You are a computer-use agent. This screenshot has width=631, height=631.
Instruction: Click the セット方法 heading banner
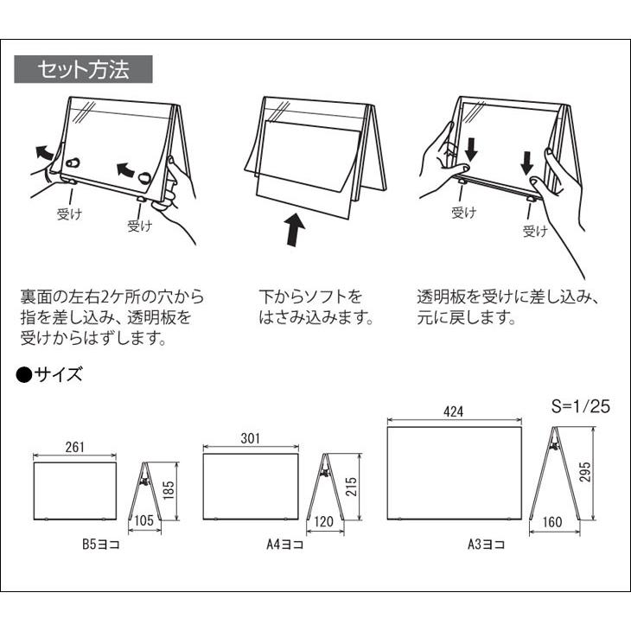pyautogui.click(x=84, y=69)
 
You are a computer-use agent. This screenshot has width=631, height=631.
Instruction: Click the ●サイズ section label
pyautogui.click(x=50, y=374)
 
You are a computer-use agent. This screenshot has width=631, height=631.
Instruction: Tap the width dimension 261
pyautogui.click(x=74, y=447)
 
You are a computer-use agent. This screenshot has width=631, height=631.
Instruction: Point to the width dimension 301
pyautogui.click(x=251, y=439)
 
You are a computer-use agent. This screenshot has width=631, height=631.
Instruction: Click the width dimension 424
pyautogui.click(x=454, y=412)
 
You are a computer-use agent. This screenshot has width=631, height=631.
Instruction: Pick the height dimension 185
pyautogui.click(x=168, y=491)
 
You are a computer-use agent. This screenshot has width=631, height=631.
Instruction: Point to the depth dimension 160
pyautogui.click(x=554, y=522)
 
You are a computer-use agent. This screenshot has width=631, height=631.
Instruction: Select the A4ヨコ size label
pyautogui.click(x=285, y=545)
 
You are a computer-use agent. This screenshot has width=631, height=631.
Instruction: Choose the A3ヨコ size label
pyautogui.click(x=487, y=545)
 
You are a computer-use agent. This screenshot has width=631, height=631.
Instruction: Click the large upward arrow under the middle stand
pyautogui.click(x=296, y=231)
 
